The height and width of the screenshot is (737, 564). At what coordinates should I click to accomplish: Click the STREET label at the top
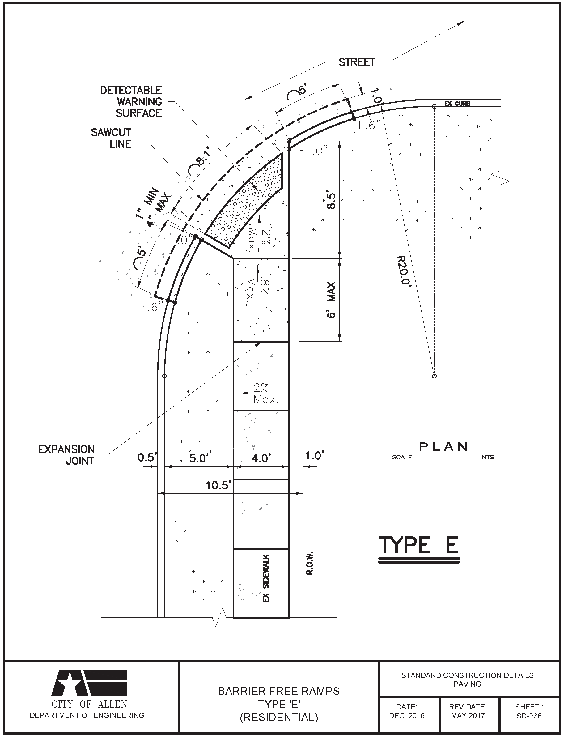(x=357, y=62)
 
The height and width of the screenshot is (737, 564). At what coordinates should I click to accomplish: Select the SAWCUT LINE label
(x=111, y=138)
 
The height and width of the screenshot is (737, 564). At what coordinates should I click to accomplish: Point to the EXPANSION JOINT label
(x=66, y=455)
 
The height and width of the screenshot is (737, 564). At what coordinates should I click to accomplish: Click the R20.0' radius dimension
(x=403, y=270)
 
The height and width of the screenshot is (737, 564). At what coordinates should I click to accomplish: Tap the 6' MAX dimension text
(x=331, y=300)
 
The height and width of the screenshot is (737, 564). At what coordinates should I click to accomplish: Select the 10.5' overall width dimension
(x=218, y=485)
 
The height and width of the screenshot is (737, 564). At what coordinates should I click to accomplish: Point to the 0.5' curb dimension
(x=147, y=457)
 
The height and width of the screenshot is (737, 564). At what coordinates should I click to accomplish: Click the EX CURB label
(x=457, y=104)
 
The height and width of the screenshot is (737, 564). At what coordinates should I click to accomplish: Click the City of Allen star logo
(x=89, y=683)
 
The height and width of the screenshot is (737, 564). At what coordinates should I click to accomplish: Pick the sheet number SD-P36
(x=529, y=716)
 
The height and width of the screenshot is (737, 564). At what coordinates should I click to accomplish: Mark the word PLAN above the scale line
(x=443, y=447)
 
